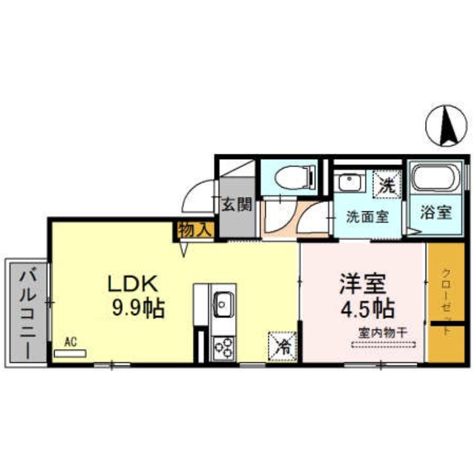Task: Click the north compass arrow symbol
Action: click(x=446, y=125)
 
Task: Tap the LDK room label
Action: click(x=131, y=284)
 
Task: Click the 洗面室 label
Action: click(x=368, y=217)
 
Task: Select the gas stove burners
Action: click(x=224, y=348)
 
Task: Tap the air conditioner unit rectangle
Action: click(x=70, y=353)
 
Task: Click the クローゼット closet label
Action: click(x=446, y=303)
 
